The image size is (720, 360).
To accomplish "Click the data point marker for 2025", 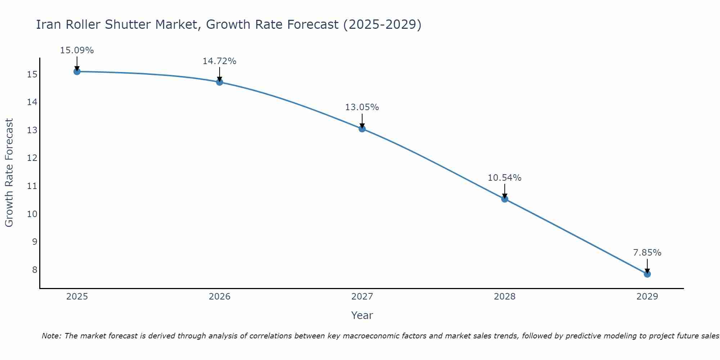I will (77, 72).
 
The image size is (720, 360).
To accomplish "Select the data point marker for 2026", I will (220, 82).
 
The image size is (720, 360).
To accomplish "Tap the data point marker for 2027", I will (362, 129).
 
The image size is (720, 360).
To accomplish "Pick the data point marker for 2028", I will (505, 199).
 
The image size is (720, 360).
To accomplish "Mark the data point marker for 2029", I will (647, 274).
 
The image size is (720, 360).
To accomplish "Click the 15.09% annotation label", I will (77, 50).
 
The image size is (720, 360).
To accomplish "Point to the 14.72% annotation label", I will (219, 61).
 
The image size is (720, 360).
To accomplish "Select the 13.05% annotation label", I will (362, 107).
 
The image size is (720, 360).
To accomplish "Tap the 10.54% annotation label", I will (504, 178).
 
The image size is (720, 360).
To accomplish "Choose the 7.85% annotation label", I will (647, 253).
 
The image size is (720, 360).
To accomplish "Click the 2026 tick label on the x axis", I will (220, 297).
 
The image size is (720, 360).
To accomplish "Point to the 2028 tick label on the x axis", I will (505, 297).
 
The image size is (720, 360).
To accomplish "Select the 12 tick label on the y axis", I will (32, 158).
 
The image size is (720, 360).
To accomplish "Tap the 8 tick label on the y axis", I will (35, 270).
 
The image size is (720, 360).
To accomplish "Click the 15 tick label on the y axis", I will (32, 75).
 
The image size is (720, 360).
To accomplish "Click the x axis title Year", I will (362, 315).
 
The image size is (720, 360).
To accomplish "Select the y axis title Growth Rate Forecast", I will (9, 172).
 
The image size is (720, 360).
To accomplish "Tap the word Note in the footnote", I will (52, 336).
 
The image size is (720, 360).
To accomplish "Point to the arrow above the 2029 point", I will (647, 266).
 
